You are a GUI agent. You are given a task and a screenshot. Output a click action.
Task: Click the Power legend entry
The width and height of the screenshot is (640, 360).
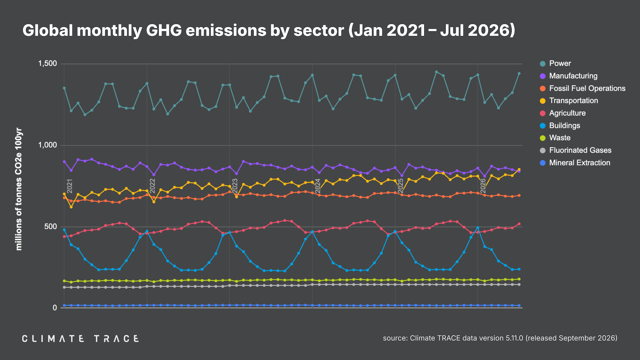[555, 63]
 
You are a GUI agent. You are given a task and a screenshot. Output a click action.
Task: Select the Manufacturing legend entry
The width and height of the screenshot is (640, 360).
[569, 76]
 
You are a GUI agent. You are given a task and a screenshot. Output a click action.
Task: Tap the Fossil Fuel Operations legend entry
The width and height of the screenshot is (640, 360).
[582, 88]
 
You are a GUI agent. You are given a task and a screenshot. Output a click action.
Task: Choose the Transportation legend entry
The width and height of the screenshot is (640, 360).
[569, 101]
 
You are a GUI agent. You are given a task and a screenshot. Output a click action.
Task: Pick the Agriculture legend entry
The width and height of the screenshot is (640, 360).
[563, 113]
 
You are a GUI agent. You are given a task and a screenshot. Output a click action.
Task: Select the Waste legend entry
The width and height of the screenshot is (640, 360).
[555, 138]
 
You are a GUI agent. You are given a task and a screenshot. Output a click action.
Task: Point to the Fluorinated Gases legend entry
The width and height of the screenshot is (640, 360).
[576, 150]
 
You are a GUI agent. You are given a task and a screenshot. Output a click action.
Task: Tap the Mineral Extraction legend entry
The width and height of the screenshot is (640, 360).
[575, 163]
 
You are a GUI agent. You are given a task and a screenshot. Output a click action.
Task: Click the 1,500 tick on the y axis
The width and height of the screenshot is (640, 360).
[48, 64]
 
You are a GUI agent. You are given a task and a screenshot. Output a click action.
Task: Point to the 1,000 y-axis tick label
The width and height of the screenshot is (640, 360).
[48, 145]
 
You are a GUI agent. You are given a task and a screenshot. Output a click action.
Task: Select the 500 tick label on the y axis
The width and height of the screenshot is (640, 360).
[51, 227]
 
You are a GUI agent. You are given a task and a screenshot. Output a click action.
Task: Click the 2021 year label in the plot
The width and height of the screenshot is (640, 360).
[70, 186]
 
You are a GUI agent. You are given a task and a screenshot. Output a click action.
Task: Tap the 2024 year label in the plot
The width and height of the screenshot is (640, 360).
[318, 186]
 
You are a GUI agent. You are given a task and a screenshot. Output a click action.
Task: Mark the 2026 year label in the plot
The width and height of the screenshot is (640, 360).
[483, 186]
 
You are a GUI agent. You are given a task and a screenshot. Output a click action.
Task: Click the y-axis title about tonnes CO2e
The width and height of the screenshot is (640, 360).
[19, 189]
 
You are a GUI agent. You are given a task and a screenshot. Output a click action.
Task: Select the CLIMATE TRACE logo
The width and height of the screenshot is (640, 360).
[80, 339]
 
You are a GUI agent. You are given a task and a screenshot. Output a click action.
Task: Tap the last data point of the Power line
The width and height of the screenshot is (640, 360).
[519, 74]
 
